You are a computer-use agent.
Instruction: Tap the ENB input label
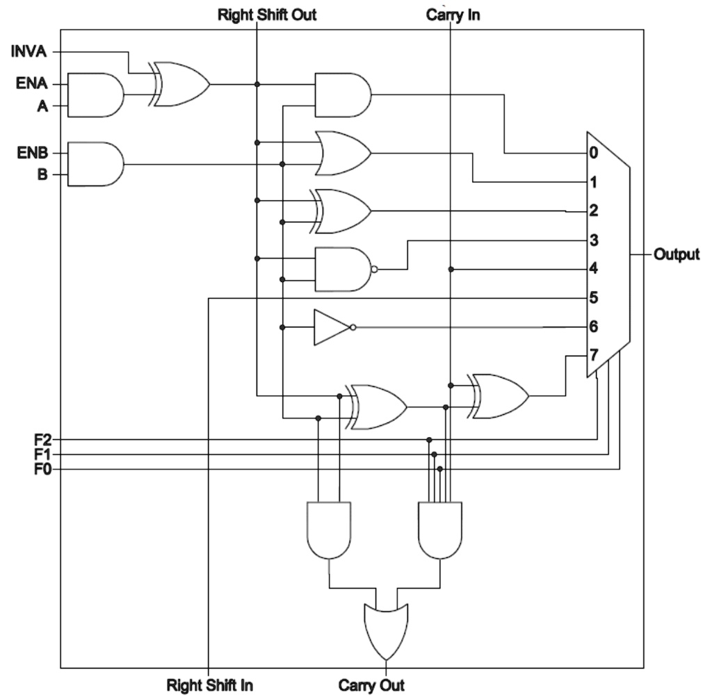(x=31, y=152)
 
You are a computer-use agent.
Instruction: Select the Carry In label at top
(x=452, y=15)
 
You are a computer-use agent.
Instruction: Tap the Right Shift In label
(x=209, y=686)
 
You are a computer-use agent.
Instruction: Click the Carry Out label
(x=371, y=686)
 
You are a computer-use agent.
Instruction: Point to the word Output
(x=676, y=255)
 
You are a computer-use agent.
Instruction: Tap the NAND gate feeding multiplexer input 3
(x=342, y=269)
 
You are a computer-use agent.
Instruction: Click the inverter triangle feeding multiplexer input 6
(x=332, y=327)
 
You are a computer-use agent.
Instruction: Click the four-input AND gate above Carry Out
(x=440, y=529)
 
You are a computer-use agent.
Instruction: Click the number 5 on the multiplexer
(x=592, y=298)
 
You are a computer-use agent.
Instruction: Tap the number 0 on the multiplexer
(x=592, y=153)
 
